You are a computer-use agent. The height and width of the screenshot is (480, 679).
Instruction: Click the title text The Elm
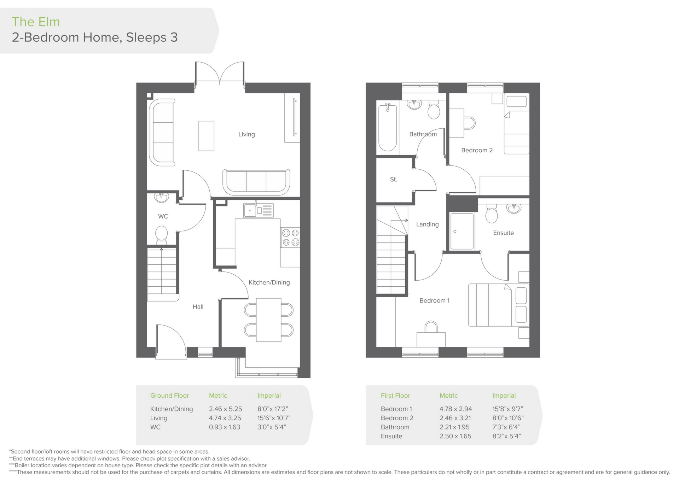click(36, 22)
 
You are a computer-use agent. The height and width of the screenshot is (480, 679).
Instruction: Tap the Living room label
click(246, 134)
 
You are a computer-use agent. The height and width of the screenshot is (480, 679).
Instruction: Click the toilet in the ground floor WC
click(162, 234)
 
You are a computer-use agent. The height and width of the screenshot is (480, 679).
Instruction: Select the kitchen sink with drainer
click(258, 210)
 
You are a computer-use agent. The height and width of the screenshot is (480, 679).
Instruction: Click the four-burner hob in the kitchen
click(290, 238)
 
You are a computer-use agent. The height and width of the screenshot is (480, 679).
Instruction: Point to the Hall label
click(198, 307)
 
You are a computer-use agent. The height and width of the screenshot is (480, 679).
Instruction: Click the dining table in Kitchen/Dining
click(269, 320)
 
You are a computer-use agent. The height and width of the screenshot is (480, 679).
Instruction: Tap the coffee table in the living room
click(206, 136)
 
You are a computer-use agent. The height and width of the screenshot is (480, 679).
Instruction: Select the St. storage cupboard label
click(394, 180)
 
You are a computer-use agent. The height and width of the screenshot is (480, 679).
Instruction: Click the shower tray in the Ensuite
click(462, 232)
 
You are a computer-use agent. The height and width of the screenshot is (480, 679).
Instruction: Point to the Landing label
click(427, 224)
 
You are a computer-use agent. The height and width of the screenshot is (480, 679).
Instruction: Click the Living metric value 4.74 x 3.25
click(225, 418)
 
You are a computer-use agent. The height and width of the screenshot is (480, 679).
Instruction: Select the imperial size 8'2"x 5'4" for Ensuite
click(506, 436)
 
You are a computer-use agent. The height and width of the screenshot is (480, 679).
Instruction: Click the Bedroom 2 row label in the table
click(397, 418)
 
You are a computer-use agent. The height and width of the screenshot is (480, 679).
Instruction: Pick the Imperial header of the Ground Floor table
click(269, 396)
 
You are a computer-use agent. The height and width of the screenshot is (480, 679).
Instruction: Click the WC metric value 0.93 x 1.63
click(224, 427)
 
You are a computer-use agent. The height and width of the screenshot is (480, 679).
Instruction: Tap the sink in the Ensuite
click(513, 209)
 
